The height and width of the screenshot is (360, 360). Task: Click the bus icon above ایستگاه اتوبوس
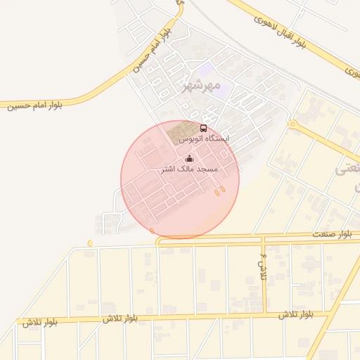point(204,129)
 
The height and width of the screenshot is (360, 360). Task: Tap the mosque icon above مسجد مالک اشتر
point(188,159)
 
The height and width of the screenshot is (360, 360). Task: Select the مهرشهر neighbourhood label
point(201,86)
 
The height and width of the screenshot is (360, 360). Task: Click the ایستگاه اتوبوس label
point(204,139)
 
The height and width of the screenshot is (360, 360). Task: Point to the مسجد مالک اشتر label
point(190,169)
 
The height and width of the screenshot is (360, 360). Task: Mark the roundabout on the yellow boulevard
point(292,124)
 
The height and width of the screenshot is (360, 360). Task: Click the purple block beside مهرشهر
point(206,70)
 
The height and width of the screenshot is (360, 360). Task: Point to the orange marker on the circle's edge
point(152,231)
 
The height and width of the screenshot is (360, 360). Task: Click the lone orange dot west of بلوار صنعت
point(90,243)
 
